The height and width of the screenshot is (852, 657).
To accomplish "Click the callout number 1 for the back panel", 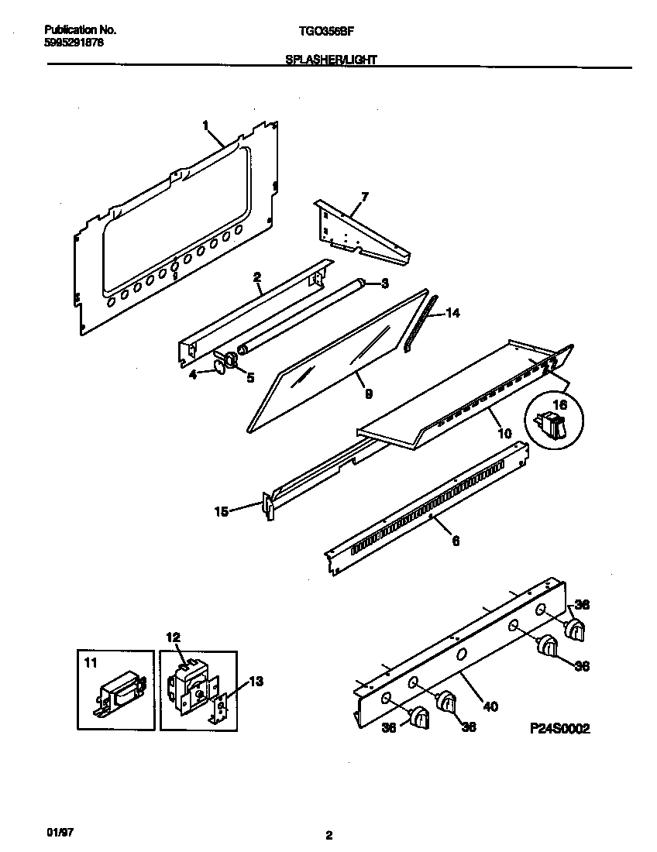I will pos(205,124).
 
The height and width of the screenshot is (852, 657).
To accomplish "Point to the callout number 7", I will pos(365,197).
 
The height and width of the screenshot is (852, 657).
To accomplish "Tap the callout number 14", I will pos(453,314).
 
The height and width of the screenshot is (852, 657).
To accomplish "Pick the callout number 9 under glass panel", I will pos(369,394).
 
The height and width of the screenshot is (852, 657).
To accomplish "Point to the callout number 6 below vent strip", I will pos(456,541).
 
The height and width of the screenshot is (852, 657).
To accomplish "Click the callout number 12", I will pos(173,637).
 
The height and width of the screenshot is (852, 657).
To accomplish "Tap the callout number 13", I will pos(256,682).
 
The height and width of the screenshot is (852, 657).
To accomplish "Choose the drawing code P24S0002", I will pos(559,728).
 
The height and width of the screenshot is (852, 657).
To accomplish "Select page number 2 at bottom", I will pos(329,835).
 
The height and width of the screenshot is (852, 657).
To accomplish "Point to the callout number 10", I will pos(504,434).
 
